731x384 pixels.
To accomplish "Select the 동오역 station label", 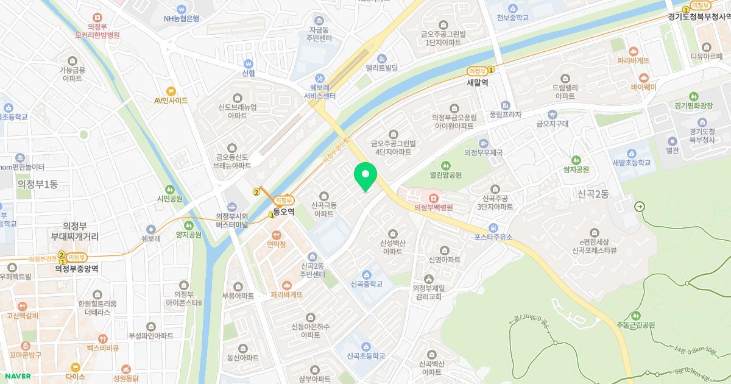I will click(x=284, y=212).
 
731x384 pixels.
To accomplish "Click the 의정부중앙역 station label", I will click(x=76, y=268).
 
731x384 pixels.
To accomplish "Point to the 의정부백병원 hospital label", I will click(x=433, y=207).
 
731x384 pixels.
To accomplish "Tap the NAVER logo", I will click(x=16, y=376).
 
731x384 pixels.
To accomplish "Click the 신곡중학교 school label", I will click(x=367, y=283).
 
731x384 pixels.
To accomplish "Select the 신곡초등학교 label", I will click(x=365, y=355).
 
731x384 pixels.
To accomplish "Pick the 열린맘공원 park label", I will click(x=445, y=175).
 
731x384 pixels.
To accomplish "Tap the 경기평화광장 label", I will click(x=693, y=105).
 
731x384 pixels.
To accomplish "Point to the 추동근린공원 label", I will click(x=635, y=325).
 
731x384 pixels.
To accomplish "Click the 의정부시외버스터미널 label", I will click(x=232, y=220).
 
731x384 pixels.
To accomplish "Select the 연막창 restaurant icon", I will click(x=276, y=235).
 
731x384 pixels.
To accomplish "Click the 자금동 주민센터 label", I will click(x=319, y=34).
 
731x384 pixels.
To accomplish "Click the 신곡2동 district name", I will click(x=593, y=194).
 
